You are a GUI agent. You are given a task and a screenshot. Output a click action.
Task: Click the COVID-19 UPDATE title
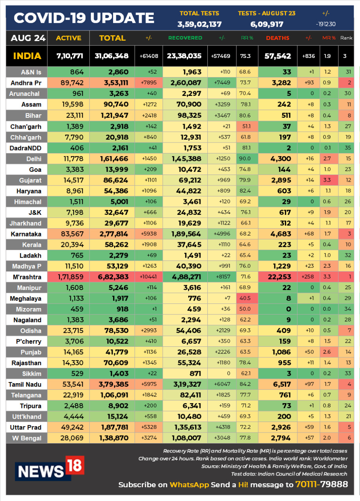pyautogui.click(x=84, y=18)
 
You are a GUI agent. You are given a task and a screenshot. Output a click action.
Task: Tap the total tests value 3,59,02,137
pyautogui.click(x=200, y=24)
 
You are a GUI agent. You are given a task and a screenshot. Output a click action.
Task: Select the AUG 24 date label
pyautogui.click(x=28, y=38)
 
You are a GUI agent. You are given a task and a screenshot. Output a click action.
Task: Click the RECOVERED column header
pyautogui.click(x=185, y=38)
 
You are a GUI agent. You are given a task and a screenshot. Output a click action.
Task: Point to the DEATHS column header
pyautogui.click(x=278, y=38)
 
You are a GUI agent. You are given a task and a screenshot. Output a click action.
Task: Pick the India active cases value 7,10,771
pyautogui.click(x=70, y=56)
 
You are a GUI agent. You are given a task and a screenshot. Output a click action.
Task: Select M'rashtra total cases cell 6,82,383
pyautogui.click(x=112, y=277)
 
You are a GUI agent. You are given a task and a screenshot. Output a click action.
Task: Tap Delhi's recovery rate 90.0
pyautogui.click(x=245, y=159)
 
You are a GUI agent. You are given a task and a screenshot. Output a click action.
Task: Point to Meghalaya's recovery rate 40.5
pyautogui.click(x=245, y=299)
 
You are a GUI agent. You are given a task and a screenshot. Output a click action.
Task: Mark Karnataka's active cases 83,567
pyautogui.click(x=70, y=234)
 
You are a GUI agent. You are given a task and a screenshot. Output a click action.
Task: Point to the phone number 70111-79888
pyautogui.click(x=322, y=485)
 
